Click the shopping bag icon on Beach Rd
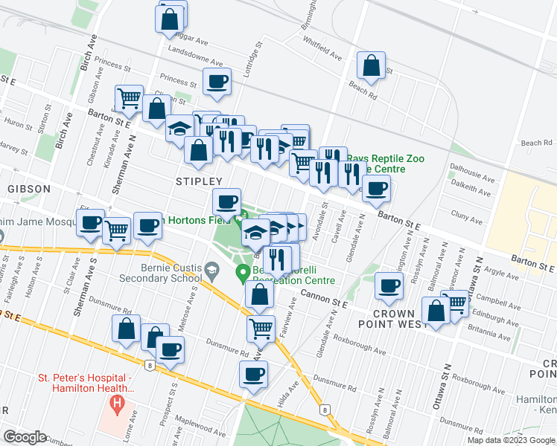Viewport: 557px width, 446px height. pyautogui.click(x=371, y=66)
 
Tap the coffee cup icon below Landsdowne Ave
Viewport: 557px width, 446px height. pyautogui.click(x=217, y=82)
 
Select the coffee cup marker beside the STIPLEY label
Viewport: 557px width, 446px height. pyautogui.click(x=226, y=201)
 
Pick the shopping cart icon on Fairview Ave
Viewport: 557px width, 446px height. pyautogui.click(x=261, y=328)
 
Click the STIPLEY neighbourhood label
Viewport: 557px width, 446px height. pyautogui.click(x=199, y=181)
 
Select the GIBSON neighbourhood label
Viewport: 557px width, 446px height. pyautogui.click(x=29, y=189)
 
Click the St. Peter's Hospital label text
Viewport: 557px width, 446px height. pyautogui.click(x=85, y=383)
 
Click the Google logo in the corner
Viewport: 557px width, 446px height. pyautogui.click(x=25, y=437)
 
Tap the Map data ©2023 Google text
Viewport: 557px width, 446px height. pyautogui.click(x=511, y=439)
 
